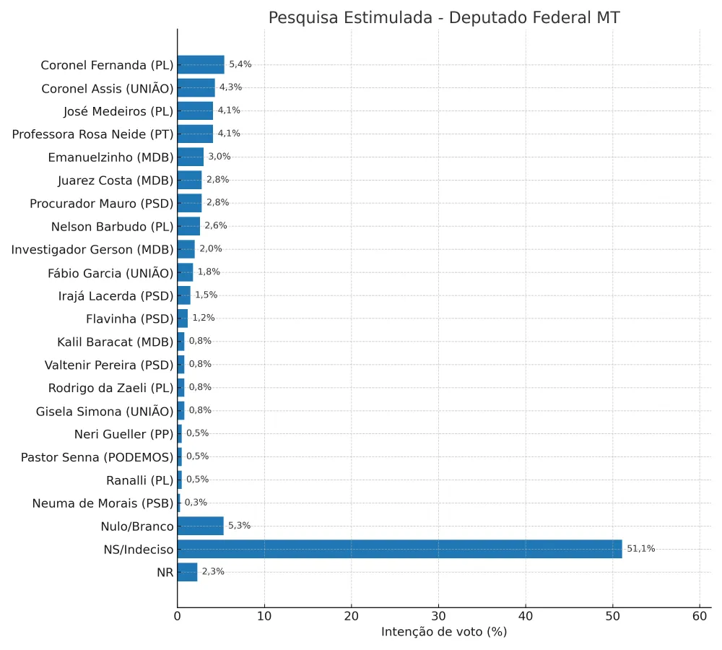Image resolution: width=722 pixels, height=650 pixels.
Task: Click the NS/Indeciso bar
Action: coord(399,549)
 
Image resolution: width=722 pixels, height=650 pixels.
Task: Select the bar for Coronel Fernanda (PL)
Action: coord(201,64)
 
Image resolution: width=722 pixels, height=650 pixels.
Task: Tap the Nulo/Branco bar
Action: coord(200,526)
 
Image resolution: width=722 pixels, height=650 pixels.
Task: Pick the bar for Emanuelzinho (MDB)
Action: coord(190,157)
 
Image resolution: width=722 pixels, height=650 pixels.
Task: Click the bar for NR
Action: coord(187,572)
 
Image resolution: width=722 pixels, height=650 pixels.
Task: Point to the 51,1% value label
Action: coord(640,549)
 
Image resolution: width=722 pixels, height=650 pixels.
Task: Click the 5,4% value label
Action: coord(240,64)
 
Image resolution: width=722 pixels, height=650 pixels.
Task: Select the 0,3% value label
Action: coord(195,503)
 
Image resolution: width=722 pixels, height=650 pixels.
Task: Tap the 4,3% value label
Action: coord(230,87)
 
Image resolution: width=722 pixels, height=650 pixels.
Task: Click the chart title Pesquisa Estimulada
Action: coord(444,18)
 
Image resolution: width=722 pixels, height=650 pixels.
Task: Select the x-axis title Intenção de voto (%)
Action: coord(444,632)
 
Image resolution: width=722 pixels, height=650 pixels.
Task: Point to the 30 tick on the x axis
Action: coord(438,616)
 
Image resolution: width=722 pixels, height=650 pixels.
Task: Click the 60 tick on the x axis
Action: coord(700,616)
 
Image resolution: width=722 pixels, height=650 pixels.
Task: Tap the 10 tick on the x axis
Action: coord(264,616)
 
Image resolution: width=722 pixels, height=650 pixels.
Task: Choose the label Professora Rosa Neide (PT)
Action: coord(93,134)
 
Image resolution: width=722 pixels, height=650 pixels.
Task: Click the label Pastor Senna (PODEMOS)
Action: coord(97,457)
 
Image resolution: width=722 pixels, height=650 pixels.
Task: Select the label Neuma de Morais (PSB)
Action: coord(103,503)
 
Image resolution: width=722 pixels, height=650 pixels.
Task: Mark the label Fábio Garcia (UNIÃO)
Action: coord(110,272)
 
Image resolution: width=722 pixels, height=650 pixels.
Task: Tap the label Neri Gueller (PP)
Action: coord(124,434)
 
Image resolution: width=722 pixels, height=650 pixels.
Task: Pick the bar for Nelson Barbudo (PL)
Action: coord(188,226)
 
